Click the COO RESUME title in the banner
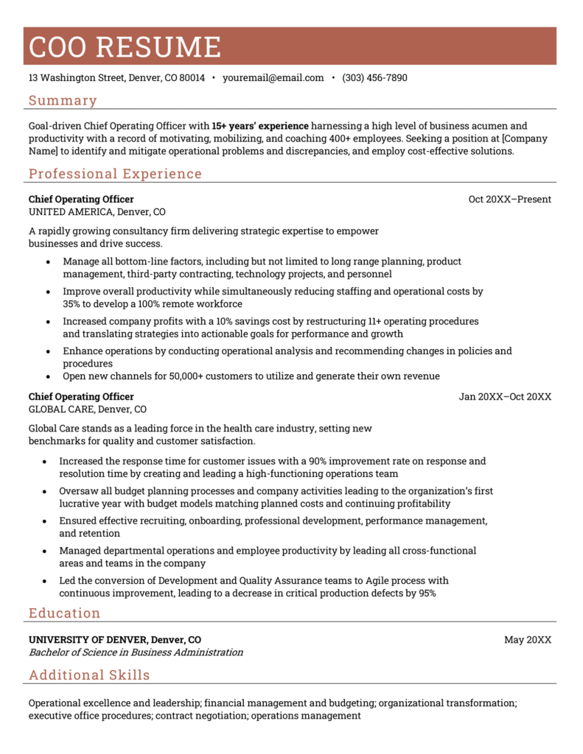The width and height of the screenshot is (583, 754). click(x=125, y=46)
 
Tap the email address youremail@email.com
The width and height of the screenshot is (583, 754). click(x=273, y=78)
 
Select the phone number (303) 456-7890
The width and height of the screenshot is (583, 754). click(x=374, y=78)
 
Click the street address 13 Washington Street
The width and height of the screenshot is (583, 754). click(x=77, y=78)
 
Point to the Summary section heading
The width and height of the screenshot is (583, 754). click(x=63, y=101)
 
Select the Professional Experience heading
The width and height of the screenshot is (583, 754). click(x=115, y=174)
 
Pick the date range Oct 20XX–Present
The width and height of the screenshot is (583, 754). click(x=509, y=200)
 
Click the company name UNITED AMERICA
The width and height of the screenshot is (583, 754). click(x=71, y=212)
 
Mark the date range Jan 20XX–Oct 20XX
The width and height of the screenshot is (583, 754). click(x=505, y=397)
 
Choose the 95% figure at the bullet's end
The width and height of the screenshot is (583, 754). click(x=426, y=593)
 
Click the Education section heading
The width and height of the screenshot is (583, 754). click(x=64, y=613)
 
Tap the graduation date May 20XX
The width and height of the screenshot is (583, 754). click(x=527, y=640)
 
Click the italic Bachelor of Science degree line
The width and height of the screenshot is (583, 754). click(x=136, y=652)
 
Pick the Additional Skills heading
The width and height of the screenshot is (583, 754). click(x=89, y=675)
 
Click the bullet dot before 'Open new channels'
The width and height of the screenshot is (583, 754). click(x=48, y=376)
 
